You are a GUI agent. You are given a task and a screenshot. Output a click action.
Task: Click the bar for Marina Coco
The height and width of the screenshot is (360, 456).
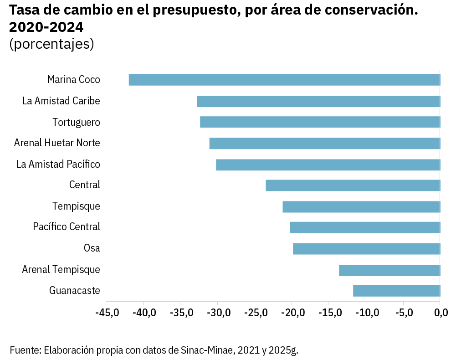(284, 80)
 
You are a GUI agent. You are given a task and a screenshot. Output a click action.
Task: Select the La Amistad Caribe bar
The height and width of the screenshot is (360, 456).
(318, 101)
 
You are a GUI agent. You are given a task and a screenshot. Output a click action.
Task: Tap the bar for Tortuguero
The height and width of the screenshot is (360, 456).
(320, 122)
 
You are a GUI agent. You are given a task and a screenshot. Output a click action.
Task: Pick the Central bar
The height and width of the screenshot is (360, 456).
(353, 185)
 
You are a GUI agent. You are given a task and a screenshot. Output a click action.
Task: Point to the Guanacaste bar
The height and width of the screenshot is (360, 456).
(396, 291)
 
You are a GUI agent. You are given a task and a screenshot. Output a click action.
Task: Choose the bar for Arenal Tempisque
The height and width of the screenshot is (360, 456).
(389, 270)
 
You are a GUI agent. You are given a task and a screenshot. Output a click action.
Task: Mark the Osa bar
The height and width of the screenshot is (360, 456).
(366, 249)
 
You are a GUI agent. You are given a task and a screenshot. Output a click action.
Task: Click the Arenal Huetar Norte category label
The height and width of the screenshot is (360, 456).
(57, 143)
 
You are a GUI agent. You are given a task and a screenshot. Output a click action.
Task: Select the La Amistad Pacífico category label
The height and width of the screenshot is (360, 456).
(58, 164)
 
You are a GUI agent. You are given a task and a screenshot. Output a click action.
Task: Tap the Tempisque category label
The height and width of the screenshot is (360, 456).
(76, 206)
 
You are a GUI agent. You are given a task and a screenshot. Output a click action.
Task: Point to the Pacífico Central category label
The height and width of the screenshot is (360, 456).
(67, 227)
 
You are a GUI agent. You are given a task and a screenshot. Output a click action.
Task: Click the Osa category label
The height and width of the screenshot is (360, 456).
(92, 248)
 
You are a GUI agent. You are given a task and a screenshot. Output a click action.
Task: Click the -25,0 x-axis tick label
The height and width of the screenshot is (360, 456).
(255, 313)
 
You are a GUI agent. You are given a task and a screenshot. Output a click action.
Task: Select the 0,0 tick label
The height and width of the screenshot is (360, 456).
(441, 313)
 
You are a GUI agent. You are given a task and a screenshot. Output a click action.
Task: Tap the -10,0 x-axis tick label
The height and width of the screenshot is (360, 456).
(366, 313)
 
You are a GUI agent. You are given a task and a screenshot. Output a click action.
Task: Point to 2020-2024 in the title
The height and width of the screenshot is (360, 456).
(46, 27)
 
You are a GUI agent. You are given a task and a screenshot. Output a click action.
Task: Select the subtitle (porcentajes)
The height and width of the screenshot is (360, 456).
(51, 44)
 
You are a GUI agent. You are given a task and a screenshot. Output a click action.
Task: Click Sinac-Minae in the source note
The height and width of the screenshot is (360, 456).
(207, 350)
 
